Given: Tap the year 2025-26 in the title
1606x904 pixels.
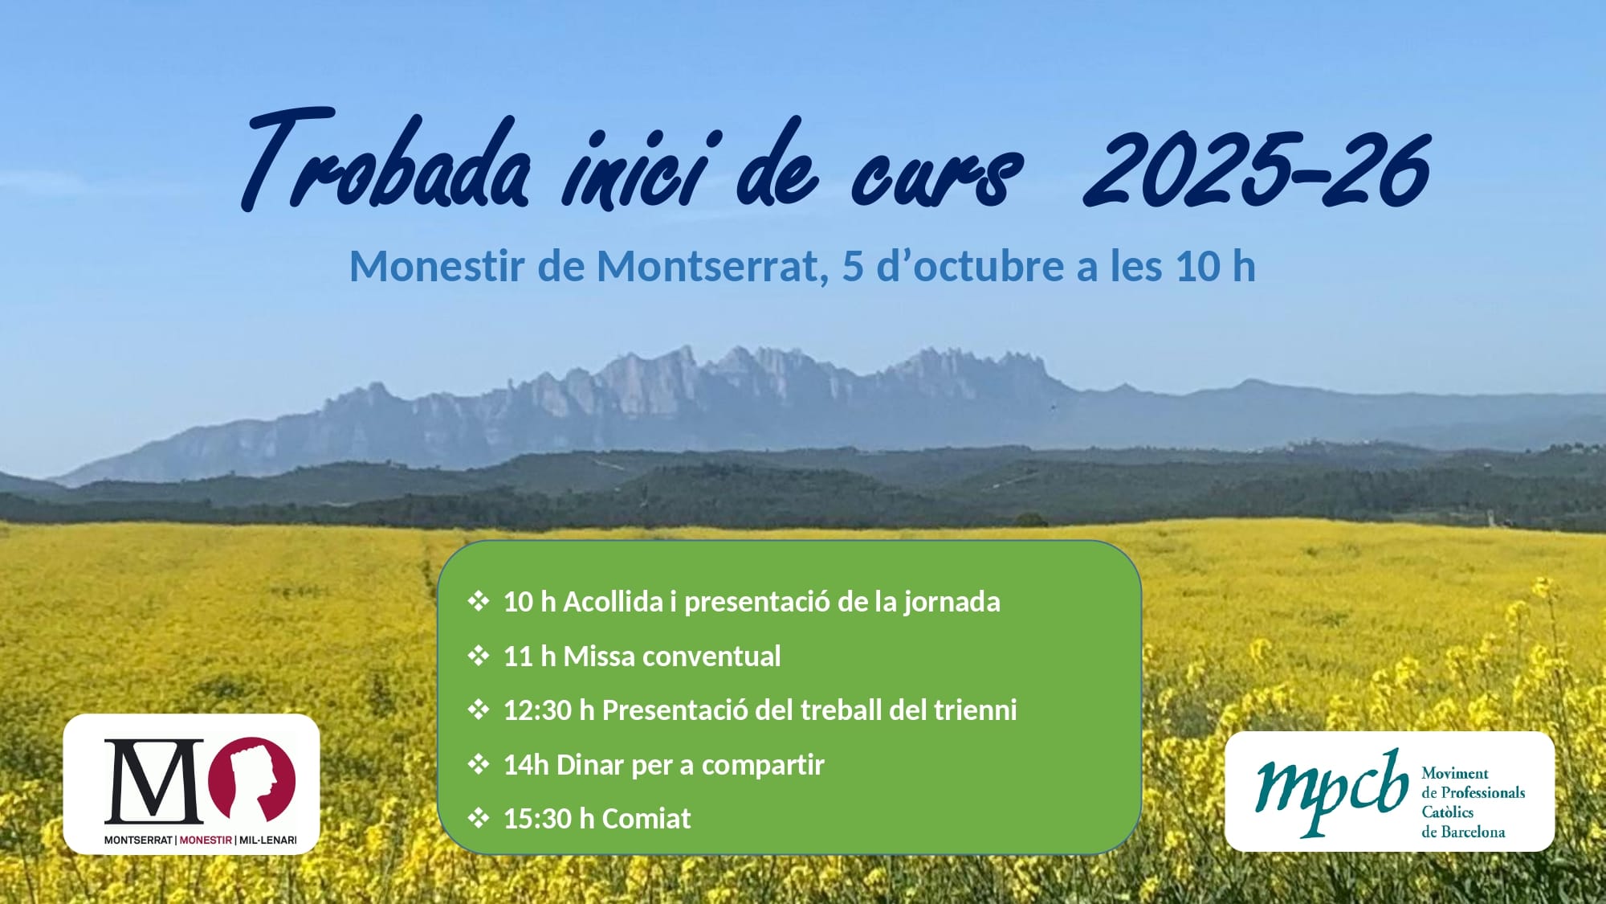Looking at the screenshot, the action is (1257, 168).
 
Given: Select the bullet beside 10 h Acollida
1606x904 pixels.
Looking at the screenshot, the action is (479, 601).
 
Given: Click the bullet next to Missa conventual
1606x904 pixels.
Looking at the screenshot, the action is (479, 656).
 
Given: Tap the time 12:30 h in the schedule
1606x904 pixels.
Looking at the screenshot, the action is (549, 710).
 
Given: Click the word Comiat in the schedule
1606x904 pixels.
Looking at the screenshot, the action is (646, 818).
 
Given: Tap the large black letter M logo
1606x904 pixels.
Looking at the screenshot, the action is (154, 781).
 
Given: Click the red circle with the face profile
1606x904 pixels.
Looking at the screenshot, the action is (252, 779).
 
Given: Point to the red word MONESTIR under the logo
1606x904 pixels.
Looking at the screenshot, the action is (206, 840).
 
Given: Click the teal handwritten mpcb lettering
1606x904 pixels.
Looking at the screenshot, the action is (1332, 791).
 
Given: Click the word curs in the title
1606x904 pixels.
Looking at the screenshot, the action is (936, 174).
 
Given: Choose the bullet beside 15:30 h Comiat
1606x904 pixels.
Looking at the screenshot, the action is (479, 818).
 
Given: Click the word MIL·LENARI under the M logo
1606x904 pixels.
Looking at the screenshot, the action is (267, 840).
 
